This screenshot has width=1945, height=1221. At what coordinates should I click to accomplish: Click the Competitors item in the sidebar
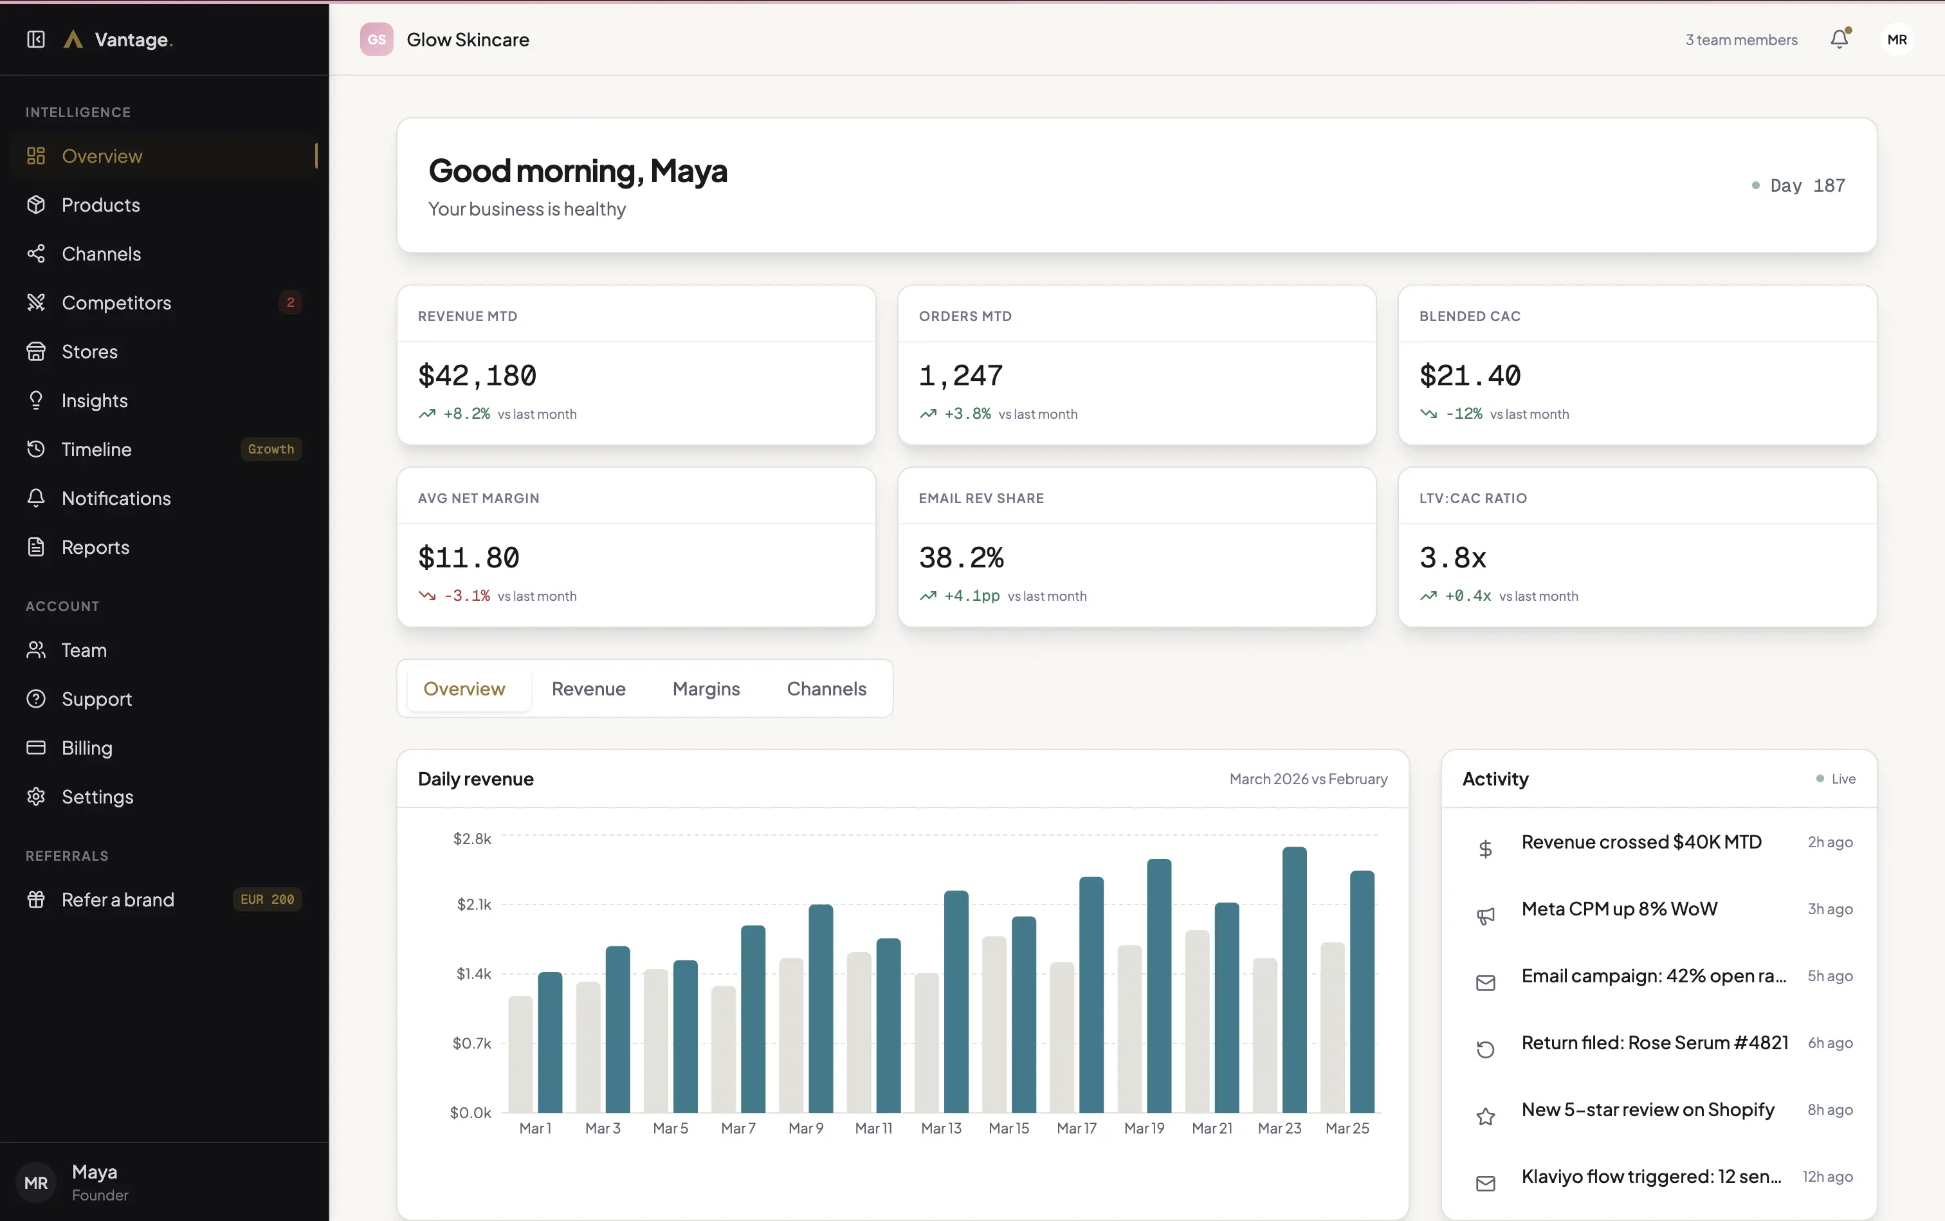click(116, 303)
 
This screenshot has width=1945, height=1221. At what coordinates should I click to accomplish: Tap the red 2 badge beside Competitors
click(291, 303)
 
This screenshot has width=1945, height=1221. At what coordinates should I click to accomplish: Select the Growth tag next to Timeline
click(271, 449)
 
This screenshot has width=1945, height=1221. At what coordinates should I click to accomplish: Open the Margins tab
click(706, 689)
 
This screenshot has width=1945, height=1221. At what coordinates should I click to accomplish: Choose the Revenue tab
click(588, 689)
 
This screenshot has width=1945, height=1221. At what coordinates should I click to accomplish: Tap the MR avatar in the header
click(1897, 40)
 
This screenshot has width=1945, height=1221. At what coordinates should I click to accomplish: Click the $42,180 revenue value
click(477, 376)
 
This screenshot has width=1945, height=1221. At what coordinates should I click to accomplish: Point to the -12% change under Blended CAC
click(1463, 414)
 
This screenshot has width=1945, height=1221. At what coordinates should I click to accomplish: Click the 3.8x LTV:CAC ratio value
click(1452, 558)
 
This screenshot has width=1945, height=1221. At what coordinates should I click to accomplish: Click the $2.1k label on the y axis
click(474, 904)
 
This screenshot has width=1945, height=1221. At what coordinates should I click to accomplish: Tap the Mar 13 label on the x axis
click(940, 1128)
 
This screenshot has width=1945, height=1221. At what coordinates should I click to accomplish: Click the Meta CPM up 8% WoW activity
click(1619, 909)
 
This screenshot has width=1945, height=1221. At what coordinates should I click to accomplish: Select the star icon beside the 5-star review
click(1484, 1116)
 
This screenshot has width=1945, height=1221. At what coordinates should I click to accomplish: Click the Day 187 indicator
click(1806, 186)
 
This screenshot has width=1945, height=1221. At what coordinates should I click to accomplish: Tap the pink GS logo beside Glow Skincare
click(376, 40)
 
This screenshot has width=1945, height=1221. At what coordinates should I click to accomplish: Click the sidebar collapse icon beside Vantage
click(35, 40)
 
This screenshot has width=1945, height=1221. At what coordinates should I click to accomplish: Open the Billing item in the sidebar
click(86, 748)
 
